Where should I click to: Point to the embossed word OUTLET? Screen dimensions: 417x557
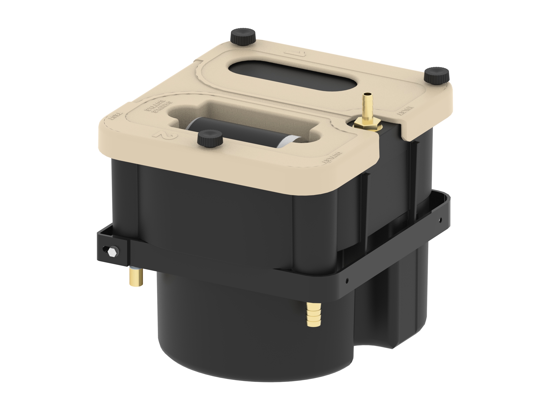pyautogui.click(x=331, y=158)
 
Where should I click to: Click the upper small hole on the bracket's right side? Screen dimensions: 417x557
pyautogui.click(x=440, y=219)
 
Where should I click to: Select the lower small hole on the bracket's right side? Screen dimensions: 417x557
pyautogui.click(x=347, y=280)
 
